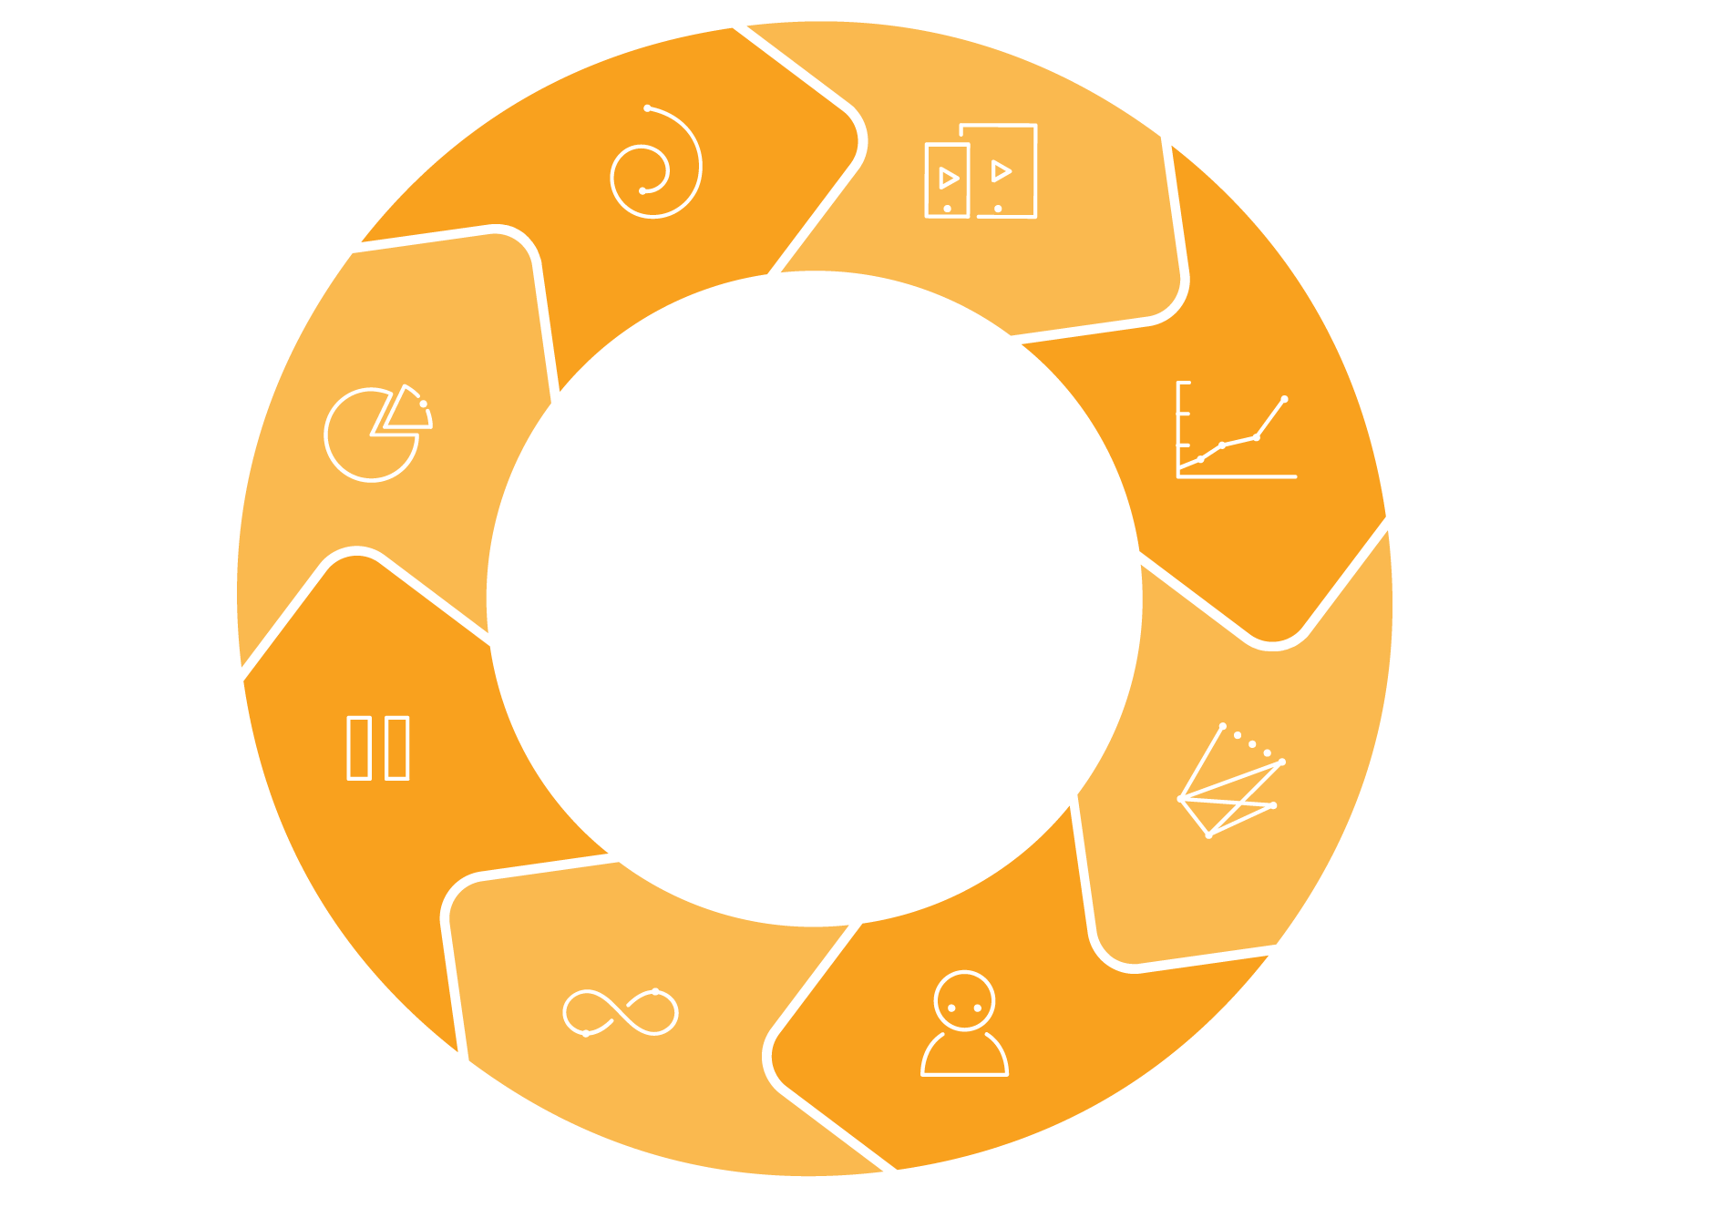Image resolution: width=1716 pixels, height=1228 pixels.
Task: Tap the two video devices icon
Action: pyautogui.click(x=981, y=171)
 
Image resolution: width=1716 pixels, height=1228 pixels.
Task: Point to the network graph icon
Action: pyautogui.click(x=1229, y=781)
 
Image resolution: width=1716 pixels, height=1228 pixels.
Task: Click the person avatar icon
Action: pyautogui.click(x=964, y=1024)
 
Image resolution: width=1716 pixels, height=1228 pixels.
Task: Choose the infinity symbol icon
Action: pyautogui.click(x=621, y=1012)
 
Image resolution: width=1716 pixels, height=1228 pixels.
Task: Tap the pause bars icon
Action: pyautogui.click(x=378, y=749)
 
